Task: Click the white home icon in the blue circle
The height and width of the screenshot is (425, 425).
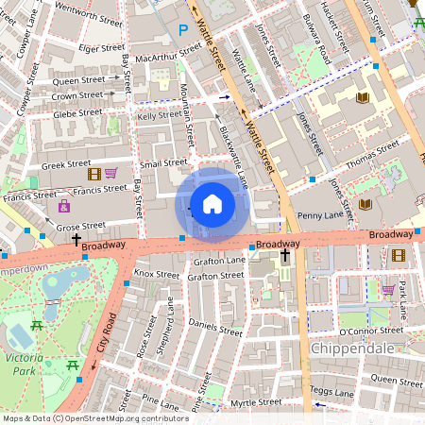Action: point(212,203)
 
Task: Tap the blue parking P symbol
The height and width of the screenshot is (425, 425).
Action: point(183,30)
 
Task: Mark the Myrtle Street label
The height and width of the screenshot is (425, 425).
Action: point(257,402)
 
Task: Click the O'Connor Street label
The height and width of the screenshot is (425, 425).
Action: point(370,331)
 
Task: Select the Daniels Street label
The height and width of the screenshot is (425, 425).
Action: point(216,327)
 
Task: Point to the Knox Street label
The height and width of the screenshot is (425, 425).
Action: point(156,274)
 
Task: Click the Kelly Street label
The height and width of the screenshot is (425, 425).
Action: point(159,115)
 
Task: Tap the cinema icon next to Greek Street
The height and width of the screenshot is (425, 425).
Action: point(93,174)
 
